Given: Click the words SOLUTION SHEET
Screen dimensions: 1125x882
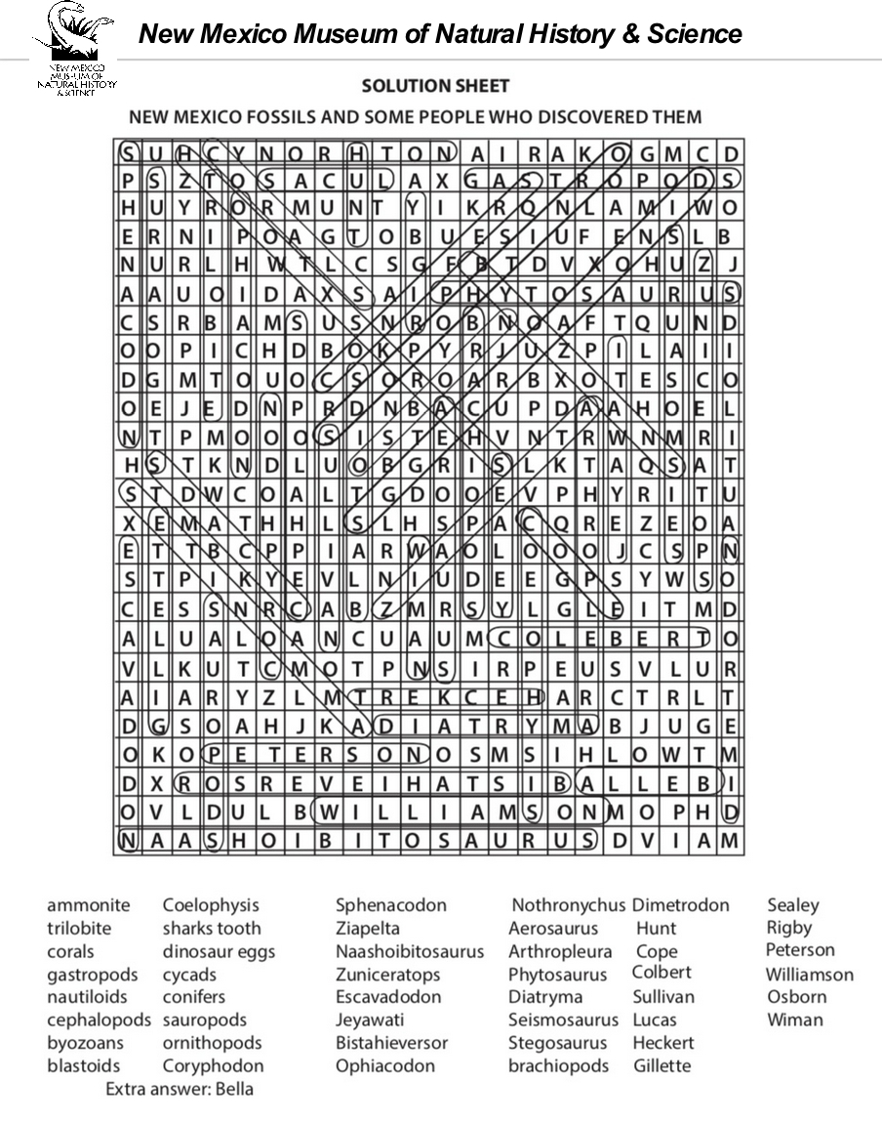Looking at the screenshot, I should [435, 86].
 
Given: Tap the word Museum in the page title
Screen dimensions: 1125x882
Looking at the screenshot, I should [346, 34].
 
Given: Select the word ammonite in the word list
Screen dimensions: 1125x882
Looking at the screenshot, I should [88, 905].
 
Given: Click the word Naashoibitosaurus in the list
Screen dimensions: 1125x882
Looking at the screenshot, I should [410, 951].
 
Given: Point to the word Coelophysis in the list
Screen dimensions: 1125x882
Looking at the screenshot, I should [211, 905].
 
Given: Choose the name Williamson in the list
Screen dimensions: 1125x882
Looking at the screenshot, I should [809, 974].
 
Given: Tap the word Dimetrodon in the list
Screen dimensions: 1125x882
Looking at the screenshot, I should [680, 905].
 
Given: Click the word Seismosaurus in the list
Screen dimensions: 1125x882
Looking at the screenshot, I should [563, 1020].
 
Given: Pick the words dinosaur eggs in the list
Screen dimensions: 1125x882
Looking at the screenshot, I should [219, 951].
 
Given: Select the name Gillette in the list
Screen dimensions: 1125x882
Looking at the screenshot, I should [661, 1065].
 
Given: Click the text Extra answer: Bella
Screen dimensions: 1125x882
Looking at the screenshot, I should [180, 1089].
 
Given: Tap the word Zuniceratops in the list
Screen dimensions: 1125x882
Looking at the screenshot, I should [388, 974].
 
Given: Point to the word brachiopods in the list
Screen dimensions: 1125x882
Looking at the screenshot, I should [558, 1065].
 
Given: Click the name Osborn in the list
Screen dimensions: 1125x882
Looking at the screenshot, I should [796, 997].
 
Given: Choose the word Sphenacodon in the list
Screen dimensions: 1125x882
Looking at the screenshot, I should [391, 905].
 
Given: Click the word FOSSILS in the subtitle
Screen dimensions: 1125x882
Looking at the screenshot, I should [293, 117].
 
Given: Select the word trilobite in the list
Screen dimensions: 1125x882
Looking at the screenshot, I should [79, 928].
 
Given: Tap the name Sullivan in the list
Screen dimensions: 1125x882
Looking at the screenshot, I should [663, 997].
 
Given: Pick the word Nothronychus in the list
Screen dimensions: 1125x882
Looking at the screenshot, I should [568, 905].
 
